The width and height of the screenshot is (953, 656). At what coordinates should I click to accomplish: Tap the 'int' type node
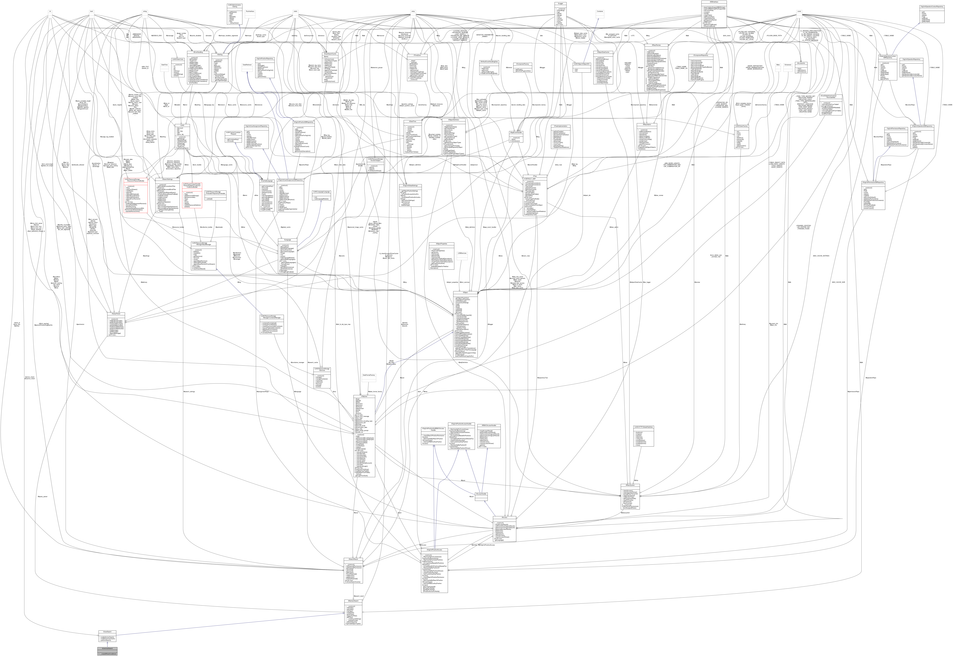click(50, 11)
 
